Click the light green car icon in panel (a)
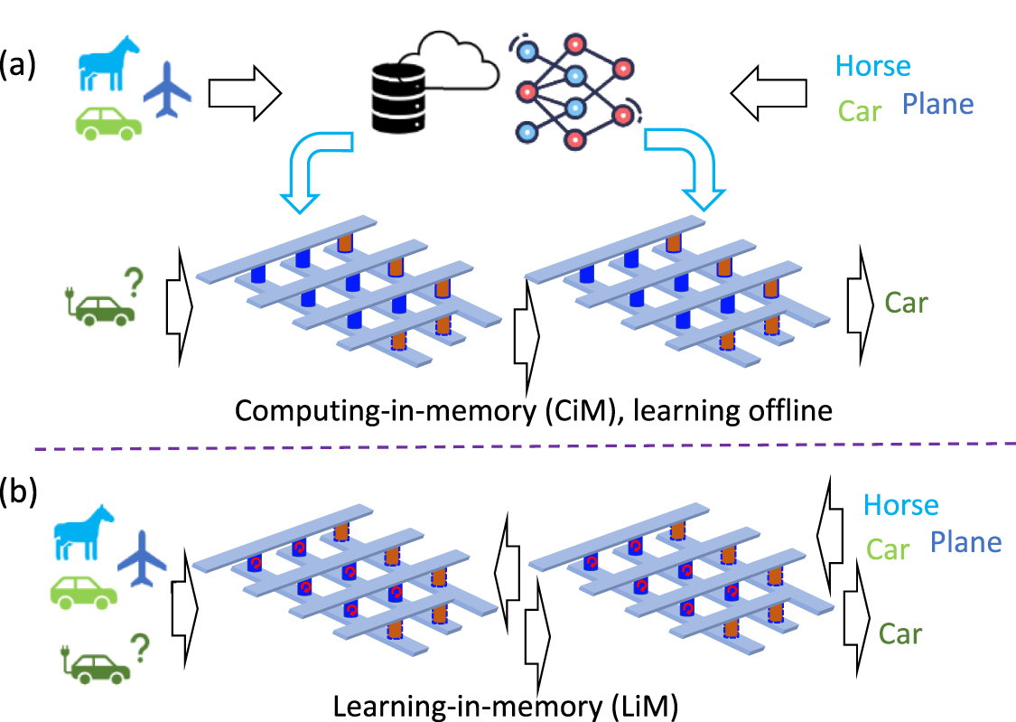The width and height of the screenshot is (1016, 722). pos(107,123)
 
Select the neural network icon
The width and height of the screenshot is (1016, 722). pos(573,90)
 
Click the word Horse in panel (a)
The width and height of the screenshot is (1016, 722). pos(872,65)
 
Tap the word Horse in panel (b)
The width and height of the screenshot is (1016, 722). pos(900,504)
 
